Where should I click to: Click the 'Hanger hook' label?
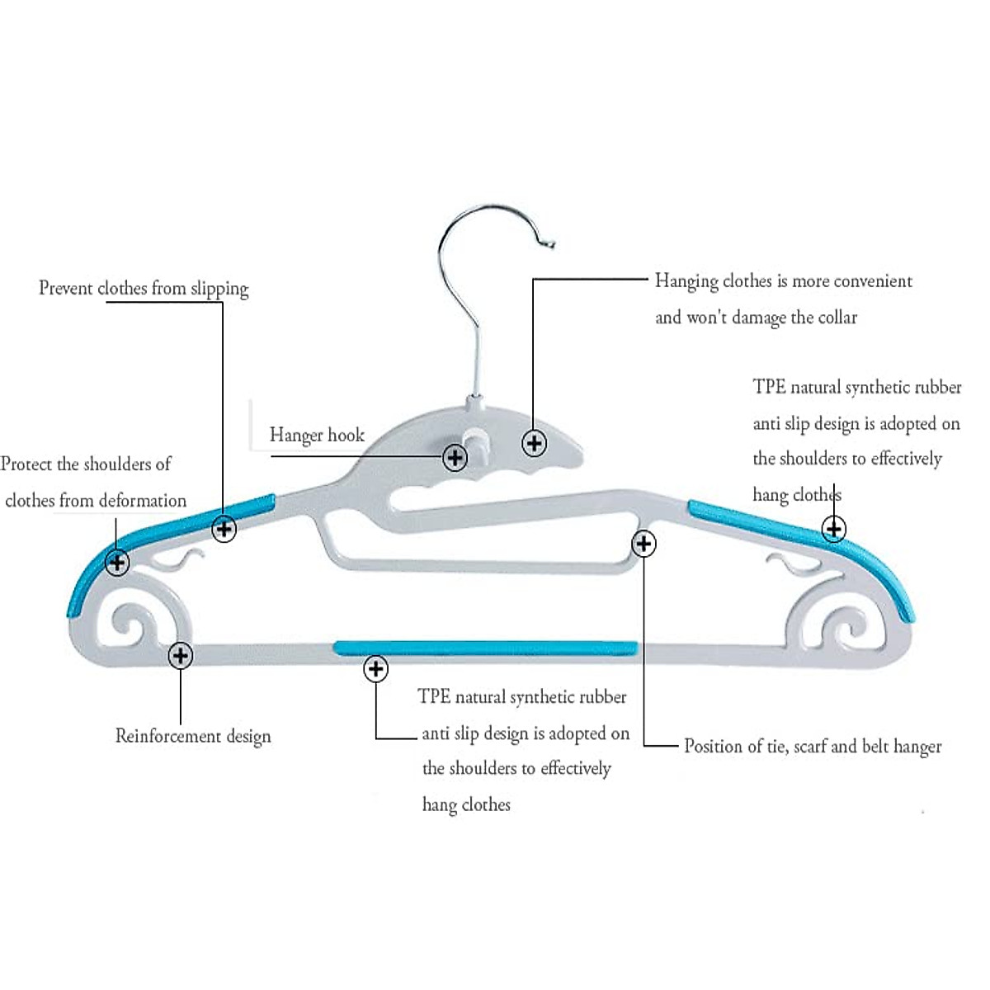317,436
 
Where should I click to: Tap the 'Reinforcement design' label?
193,736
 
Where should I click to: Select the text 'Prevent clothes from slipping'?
144,289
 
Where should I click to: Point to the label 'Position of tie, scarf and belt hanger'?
813,747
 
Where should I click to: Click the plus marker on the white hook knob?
455,457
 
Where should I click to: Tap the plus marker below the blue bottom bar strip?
376,668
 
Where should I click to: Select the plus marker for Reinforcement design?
180,656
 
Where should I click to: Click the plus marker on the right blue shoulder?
834,528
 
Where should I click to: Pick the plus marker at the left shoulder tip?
117,563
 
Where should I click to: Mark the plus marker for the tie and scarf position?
643,544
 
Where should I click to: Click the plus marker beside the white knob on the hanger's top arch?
535,443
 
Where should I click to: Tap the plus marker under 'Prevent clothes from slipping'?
224,529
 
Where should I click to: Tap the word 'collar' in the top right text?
837,318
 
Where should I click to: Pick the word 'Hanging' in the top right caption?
686,281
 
